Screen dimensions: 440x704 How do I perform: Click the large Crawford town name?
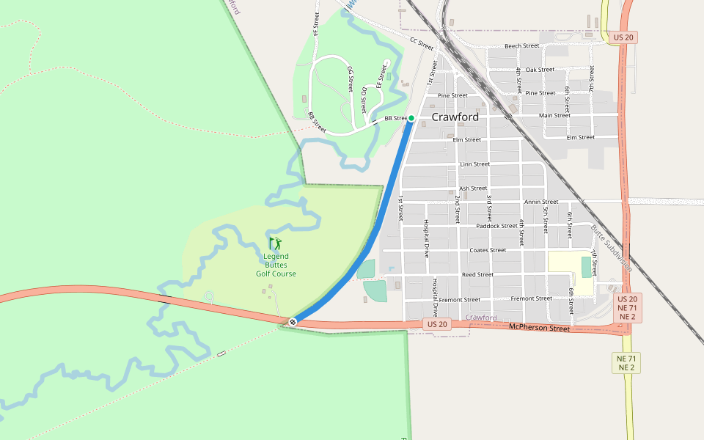[455, 117]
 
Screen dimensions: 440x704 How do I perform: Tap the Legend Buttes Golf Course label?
[276, 265]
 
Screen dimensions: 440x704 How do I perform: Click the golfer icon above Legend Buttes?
[276, 243]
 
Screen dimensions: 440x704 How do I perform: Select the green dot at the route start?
[411, 118]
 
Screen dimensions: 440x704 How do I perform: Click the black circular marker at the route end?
[293, 321]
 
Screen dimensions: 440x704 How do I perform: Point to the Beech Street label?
[521, 45]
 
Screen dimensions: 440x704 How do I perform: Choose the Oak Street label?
[540, 70]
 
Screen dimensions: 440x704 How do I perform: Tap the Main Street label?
[554, 115]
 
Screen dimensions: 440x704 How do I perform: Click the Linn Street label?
[474, 164]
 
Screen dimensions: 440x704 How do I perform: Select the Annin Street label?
[541, 202]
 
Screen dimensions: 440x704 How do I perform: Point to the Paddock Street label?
[496, 226]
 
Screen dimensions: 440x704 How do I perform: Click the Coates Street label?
[488, 250]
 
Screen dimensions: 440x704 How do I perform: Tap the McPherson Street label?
[539, 329]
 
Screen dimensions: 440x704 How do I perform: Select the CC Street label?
[422, 44]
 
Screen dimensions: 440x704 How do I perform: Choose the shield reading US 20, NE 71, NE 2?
[627, 308]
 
